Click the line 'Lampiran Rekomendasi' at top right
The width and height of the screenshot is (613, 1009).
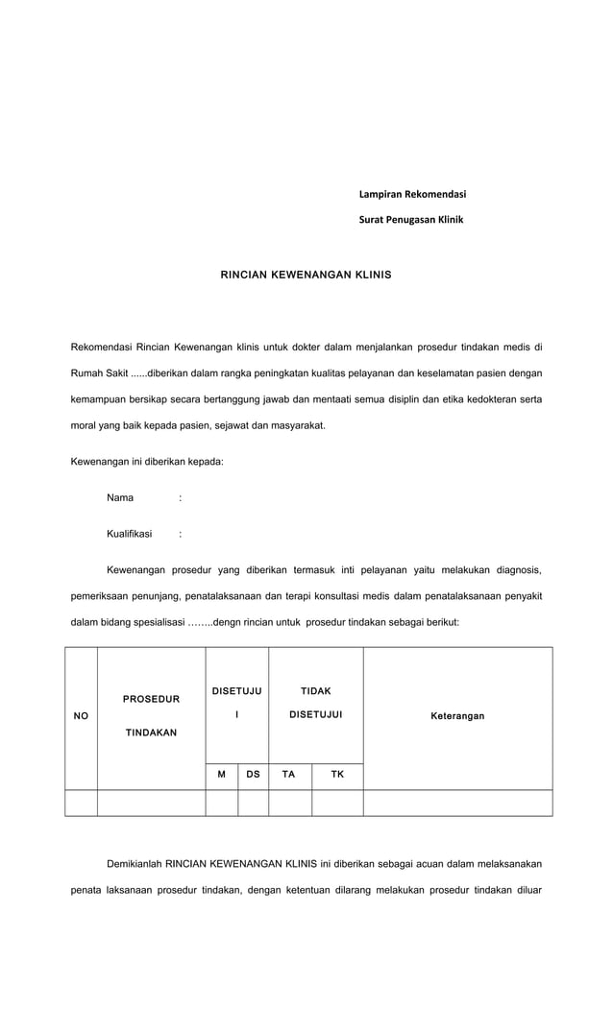point(411,195)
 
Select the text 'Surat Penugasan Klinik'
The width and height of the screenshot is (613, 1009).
point(410,220)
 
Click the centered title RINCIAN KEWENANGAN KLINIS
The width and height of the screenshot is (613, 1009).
point(306,275)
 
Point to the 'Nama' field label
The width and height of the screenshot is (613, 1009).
point(120,497)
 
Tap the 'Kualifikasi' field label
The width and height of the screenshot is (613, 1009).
point(129,534)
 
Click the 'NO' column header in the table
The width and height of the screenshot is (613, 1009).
point(81,716)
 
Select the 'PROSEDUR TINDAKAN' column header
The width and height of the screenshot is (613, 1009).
point(151,716)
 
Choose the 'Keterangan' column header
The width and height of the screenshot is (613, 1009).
point(457,716)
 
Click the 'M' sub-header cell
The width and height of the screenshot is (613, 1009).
point(221,773)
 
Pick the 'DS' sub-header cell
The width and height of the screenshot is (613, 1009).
point(253,773)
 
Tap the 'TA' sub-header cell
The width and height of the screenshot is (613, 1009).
point(288,773)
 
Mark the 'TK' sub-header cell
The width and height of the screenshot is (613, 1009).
point(337,773)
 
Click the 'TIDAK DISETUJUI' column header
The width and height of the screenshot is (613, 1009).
point(315,703)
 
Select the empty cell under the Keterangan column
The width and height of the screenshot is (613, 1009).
point(457,803)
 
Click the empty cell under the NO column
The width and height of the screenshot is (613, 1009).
point(81,803)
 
